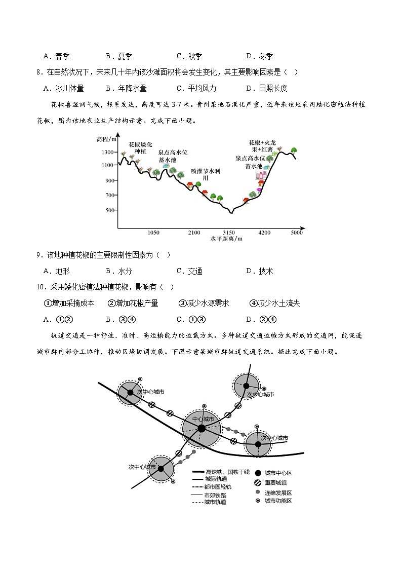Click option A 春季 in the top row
56,56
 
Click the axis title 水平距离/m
226,239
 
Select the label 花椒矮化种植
140,147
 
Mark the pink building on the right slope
261,176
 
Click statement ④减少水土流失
274,303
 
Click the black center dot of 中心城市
202,429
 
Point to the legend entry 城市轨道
215,502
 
